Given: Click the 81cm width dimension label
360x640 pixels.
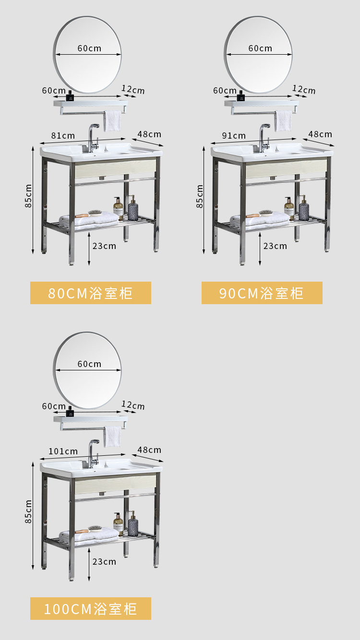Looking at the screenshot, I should point(63,135).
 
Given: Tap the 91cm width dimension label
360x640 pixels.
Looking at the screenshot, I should point(234,135).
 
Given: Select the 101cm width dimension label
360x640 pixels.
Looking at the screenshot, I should point(63,451).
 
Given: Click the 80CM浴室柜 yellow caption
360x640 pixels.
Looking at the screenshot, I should point(91,293).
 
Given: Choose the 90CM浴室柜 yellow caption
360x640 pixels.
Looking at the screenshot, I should point(262,293).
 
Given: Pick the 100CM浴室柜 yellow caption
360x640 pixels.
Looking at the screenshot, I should point(91,608).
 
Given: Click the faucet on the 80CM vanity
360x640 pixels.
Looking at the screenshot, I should point(92,137).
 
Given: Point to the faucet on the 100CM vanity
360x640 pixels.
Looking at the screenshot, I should point(92,452).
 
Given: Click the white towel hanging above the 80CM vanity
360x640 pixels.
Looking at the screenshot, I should point(113,120).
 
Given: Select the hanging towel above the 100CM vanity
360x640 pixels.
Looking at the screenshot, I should point(113,436).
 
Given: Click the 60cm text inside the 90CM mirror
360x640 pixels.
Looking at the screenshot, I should point(260,48).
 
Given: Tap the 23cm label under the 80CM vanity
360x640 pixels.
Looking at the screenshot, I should point(104,246).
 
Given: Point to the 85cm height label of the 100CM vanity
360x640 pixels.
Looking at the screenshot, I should point(29,511).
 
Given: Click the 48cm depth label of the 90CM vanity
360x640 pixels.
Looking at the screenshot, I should point(320,134).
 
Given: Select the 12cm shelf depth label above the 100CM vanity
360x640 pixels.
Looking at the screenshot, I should point(133,405).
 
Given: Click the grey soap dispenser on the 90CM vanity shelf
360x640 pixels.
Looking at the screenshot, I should point(303,210).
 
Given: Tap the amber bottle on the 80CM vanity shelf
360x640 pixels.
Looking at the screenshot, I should point(118,208).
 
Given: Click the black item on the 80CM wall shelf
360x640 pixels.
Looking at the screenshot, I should point(70,96).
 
